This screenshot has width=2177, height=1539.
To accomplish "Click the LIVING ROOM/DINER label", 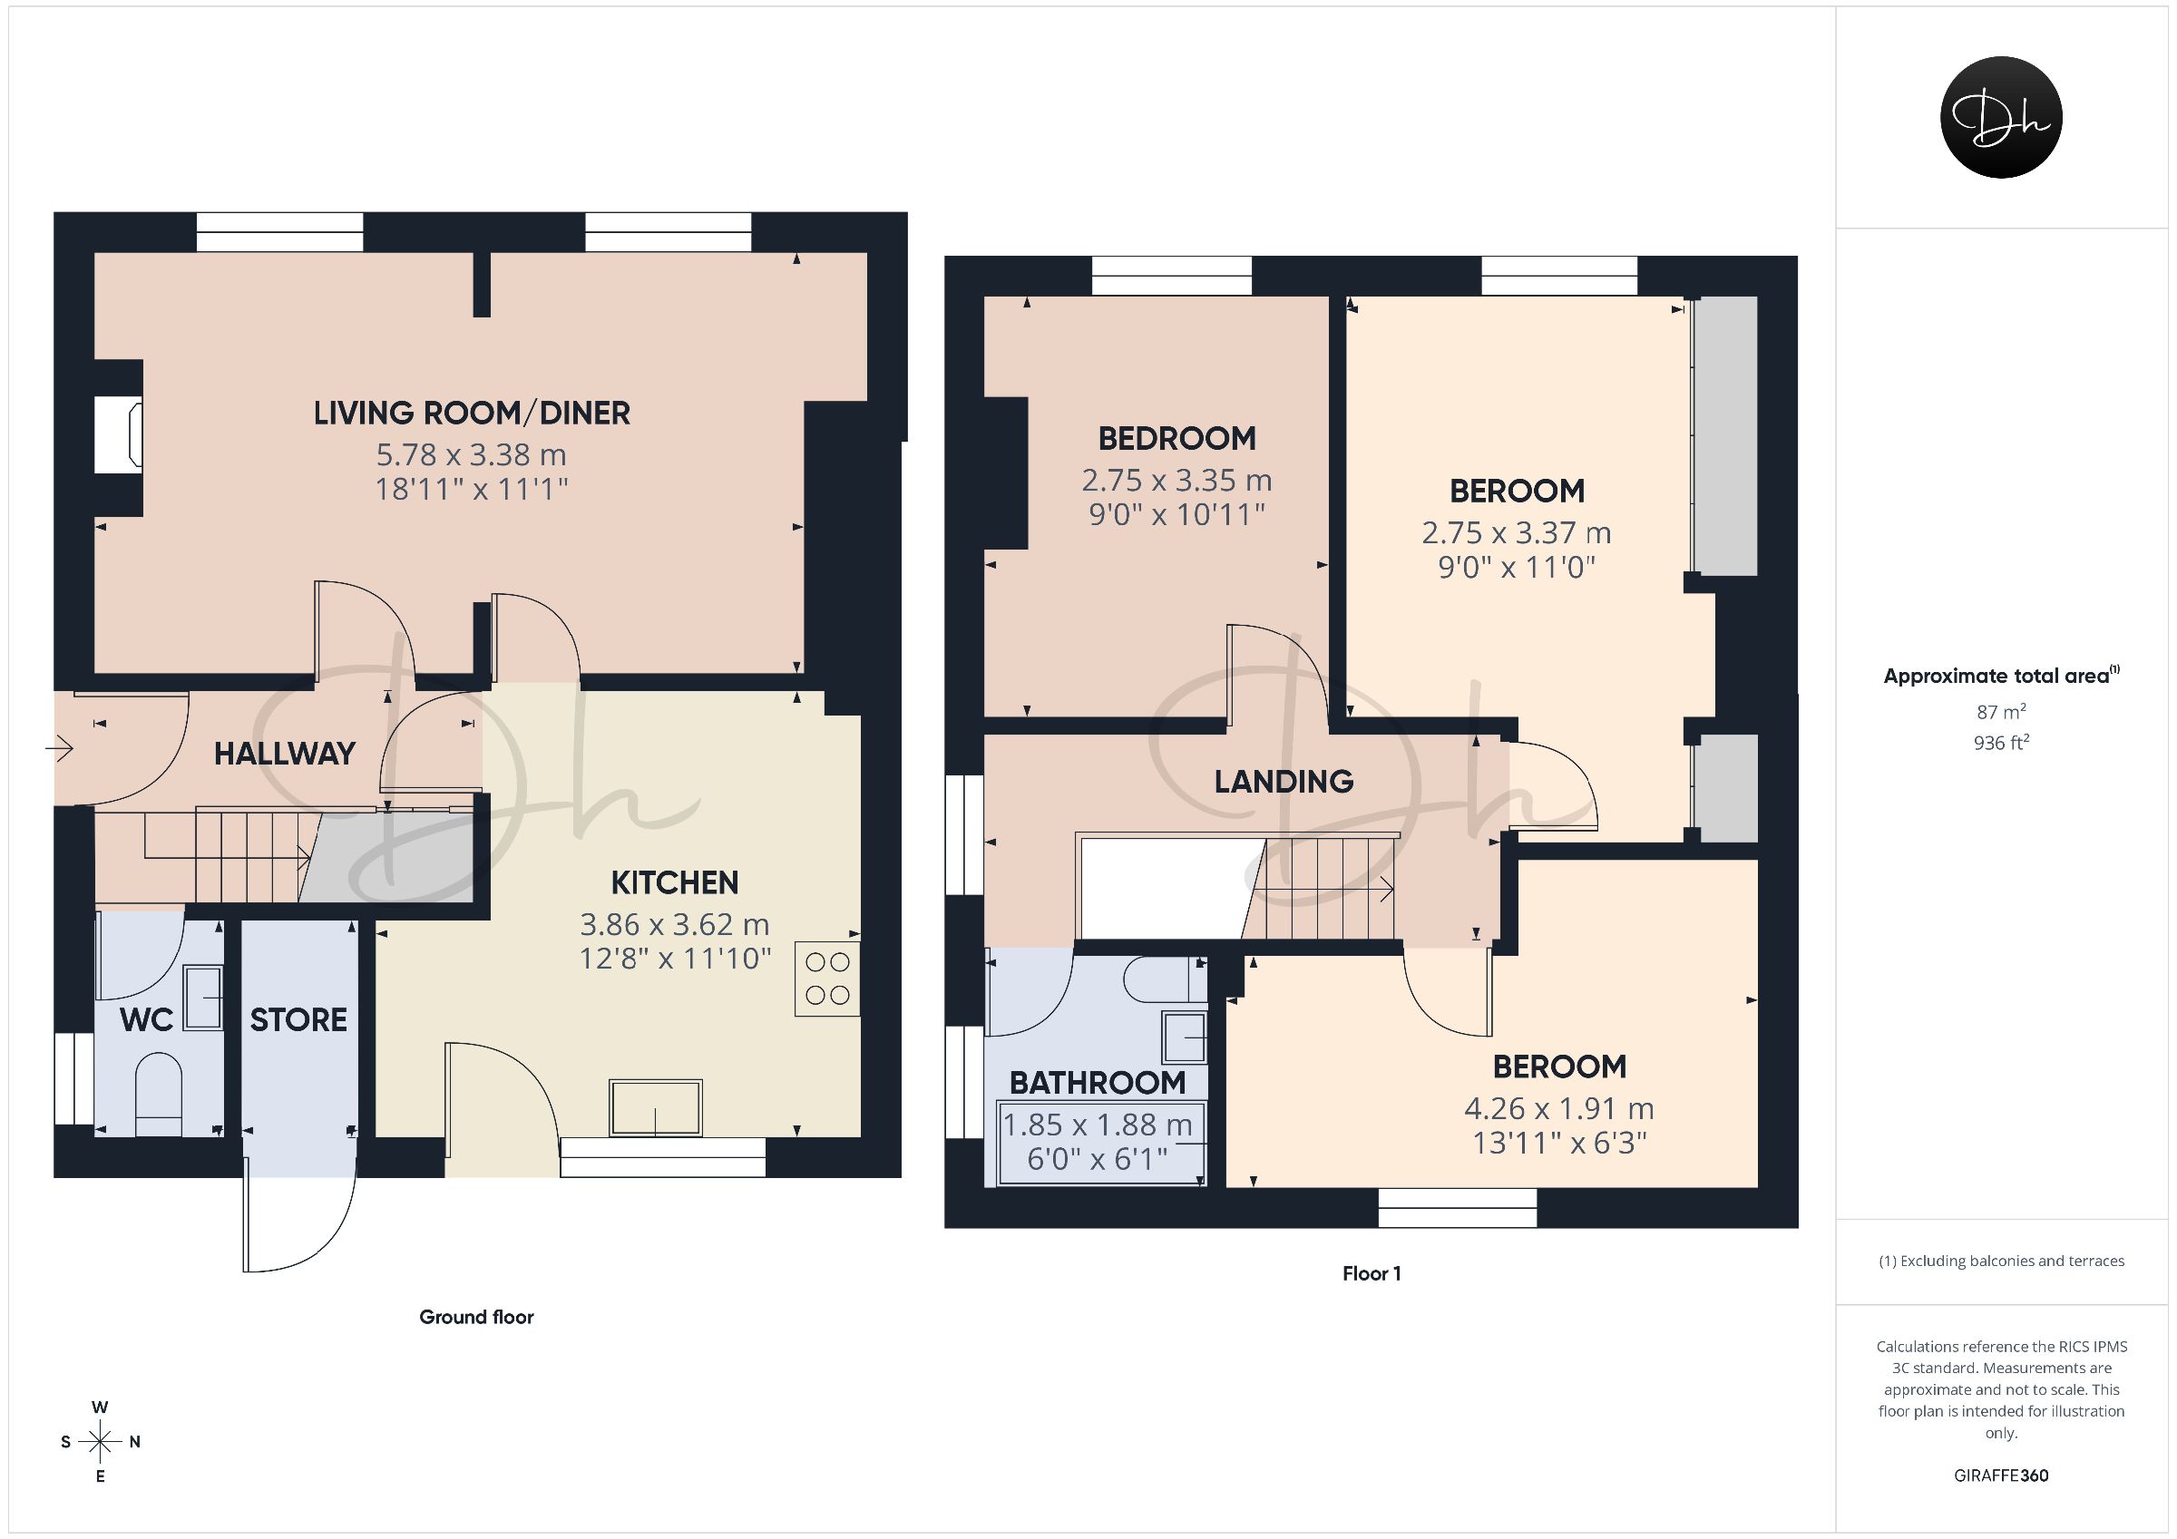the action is [x=472, y=414].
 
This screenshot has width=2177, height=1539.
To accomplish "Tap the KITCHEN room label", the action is [x=674, y=882].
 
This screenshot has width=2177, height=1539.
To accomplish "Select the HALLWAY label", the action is [x=285, y=754].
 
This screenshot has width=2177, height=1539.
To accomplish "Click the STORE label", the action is [x=298, y=1019].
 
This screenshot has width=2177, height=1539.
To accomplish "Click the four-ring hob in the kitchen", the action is [x=826, y=979].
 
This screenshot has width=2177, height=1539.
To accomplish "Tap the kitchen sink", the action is [x=656, y=1107].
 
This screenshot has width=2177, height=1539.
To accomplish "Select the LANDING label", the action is [x=1284, y=782].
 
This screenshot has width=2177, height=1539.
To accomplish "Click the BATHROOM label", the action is [x=1097, y=1082].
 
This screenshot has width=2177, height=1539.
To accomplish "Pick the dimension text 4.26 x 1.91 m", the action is [x=1558, y=1108].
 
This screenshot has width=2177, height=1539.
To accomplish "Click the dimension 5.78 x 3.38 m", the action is [x=472, y=455].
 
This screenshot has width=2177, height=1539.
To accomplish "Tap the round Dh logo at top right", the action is [x=2002, y=117].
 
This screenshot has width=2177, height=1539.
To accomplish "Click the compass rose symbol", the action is [x=101, y=1442].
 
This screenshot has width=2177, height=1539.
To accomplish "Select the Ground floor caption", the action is [x=477, y=1317].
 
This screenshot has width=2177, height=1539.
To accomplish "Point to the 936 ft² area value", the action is [x=2002, y=743].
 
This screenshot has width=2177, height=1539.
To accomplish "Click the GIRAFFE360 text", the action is [x=2002, y=1476].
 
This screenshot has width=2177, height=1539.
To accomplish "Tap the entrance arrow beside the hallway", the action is [x=59, y=749].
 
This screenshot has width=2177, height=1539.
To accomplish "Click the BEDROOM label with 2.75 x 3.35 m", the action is [x=1176, y=439].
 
